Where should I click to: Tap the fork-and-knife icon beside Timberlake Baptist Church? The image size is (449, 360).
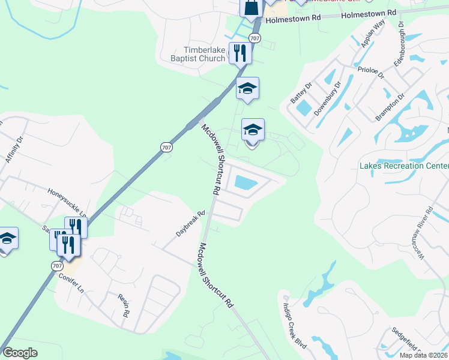pyautogui.click(x=240, y=52)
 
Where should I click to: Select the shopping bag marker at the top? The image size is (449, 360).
pyautogui.click(x=251, y=7)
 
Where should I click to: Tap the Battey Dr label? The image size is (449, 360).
pyautogui.click(x=301, y=92)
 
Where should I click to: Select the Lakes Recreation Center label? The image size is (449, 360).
pyautogui.click(x=403, y=166)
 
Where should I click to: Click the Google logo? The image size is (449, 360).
pyautogui.click(x=20, y=352)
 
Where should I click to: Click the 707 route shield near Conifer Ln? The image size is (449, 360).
pyautogui.click(x=57, y=265)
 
